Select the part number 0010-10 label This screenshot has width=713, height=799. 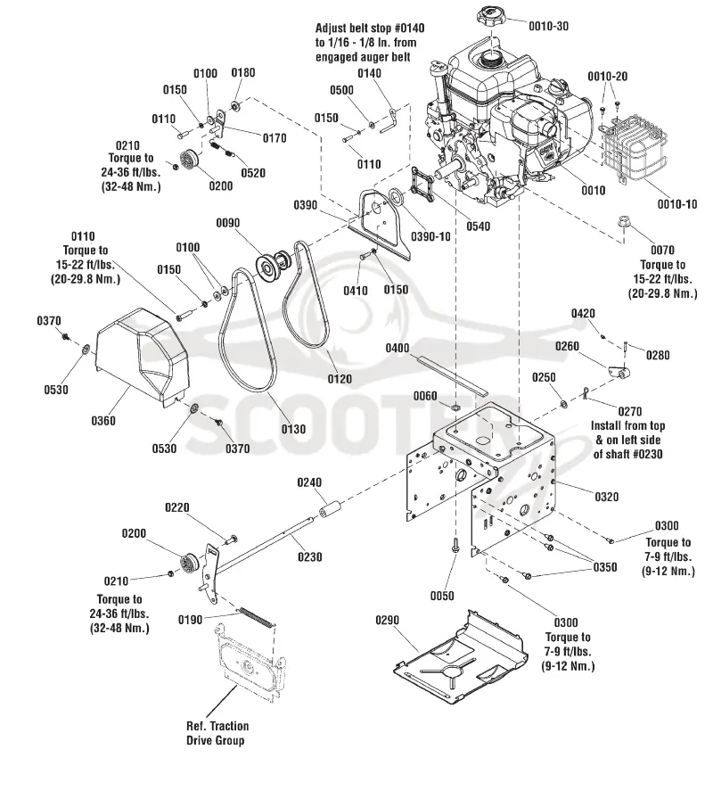676,204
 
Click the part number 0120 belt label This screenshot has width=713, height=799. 340,379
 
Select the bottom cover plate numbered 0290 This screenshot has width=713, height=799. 460,655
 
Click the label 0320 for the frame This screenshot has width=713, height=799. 606,497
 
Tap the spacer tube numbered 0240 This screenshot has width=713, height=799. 331,509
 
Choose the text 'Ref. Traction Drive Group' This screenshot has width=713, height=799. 217,733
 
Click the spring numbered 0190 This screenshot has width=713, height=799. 258,617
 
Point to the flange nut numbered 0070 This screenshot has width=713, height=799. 623,223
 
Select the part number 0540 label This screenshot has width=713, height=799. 479,227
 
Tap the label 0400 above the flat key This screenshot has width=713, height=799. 397,348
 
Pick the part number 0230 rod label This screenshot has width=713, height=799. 309,557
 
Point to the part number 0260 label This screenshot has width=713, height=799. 567,347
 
